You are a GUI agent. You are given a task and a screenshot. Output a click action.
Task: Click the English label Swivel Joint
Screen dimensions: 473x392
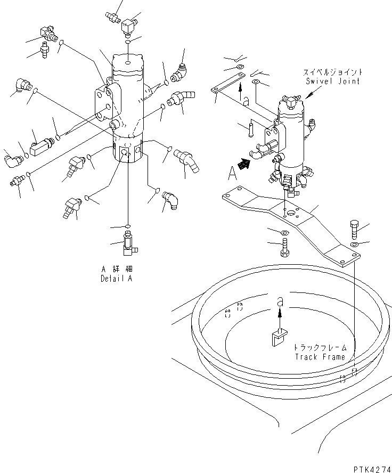tap(333, 81)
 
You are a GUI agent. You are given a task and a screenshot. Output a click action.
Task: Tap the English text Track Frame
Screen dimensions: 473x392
tap(320, 357)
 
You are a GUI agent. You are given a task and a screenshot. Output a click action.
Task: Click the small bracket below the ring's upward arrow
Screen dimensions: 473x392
tap(277, 338)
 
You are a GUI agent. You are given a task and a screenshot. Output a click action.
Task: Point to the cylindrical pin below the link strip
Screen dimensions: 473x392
tap(250, 129)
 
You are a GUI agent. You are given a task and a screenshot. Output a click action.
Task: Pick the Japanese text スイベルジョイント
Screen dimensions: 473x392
tap(333, 72)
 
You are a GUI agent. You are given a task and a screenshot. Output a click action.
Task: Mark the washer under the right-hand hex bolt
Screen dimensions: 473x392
tap(355, 244)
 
